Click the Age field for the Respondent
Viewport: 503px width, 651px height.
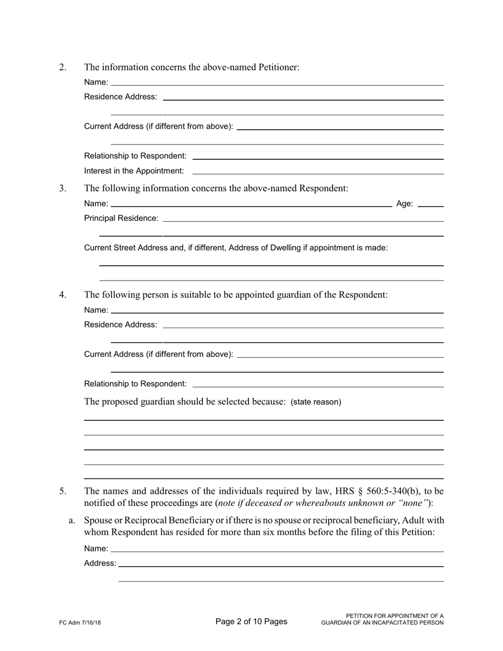pyautogui.click(x=430, y=204)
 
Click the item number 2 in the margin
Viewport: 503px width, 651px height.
pyautogui.click(x=63, y=67)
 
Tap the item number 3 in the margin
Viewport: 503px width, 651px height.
pyautogui.click(x=63, y=188)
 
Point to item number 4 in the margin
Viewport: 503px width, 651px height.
pyautogui.click(x=63, y=295)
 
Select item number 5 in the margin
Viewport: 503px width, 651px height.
pyautogui.click(x=63, y=491)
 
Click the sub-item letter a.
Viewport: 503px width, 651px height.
pyautogui.click(x=72, y=521)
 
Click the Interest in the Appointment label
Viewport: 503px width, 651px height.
pyautogui.click(x=134, y=171)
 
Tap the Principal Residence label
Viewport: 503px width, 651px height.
pyautogui.click(x=121, y=218)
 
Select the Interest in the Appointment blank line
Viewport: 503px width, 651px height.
pyautogui.click(x=318, y=171)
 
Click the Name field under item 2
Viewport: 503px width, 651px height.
pyautogui.click(x=277, y=83)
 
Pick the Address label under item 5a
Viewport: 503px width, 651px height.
pyautogui.click(x=100, y=564)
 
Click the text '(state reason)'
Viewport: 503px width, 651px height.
pyautogui.click(x=316, y=402)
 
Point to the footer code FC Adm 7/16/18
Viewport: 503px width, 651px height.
pyautogui.click(x=80, y=623)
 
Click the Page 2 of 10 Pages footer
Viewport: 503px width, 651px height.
pyautogui.click(x=251, y=622)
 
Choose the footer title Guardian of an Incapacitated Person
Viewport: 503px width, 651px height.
pyautogui.click(x=382, y=623)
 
